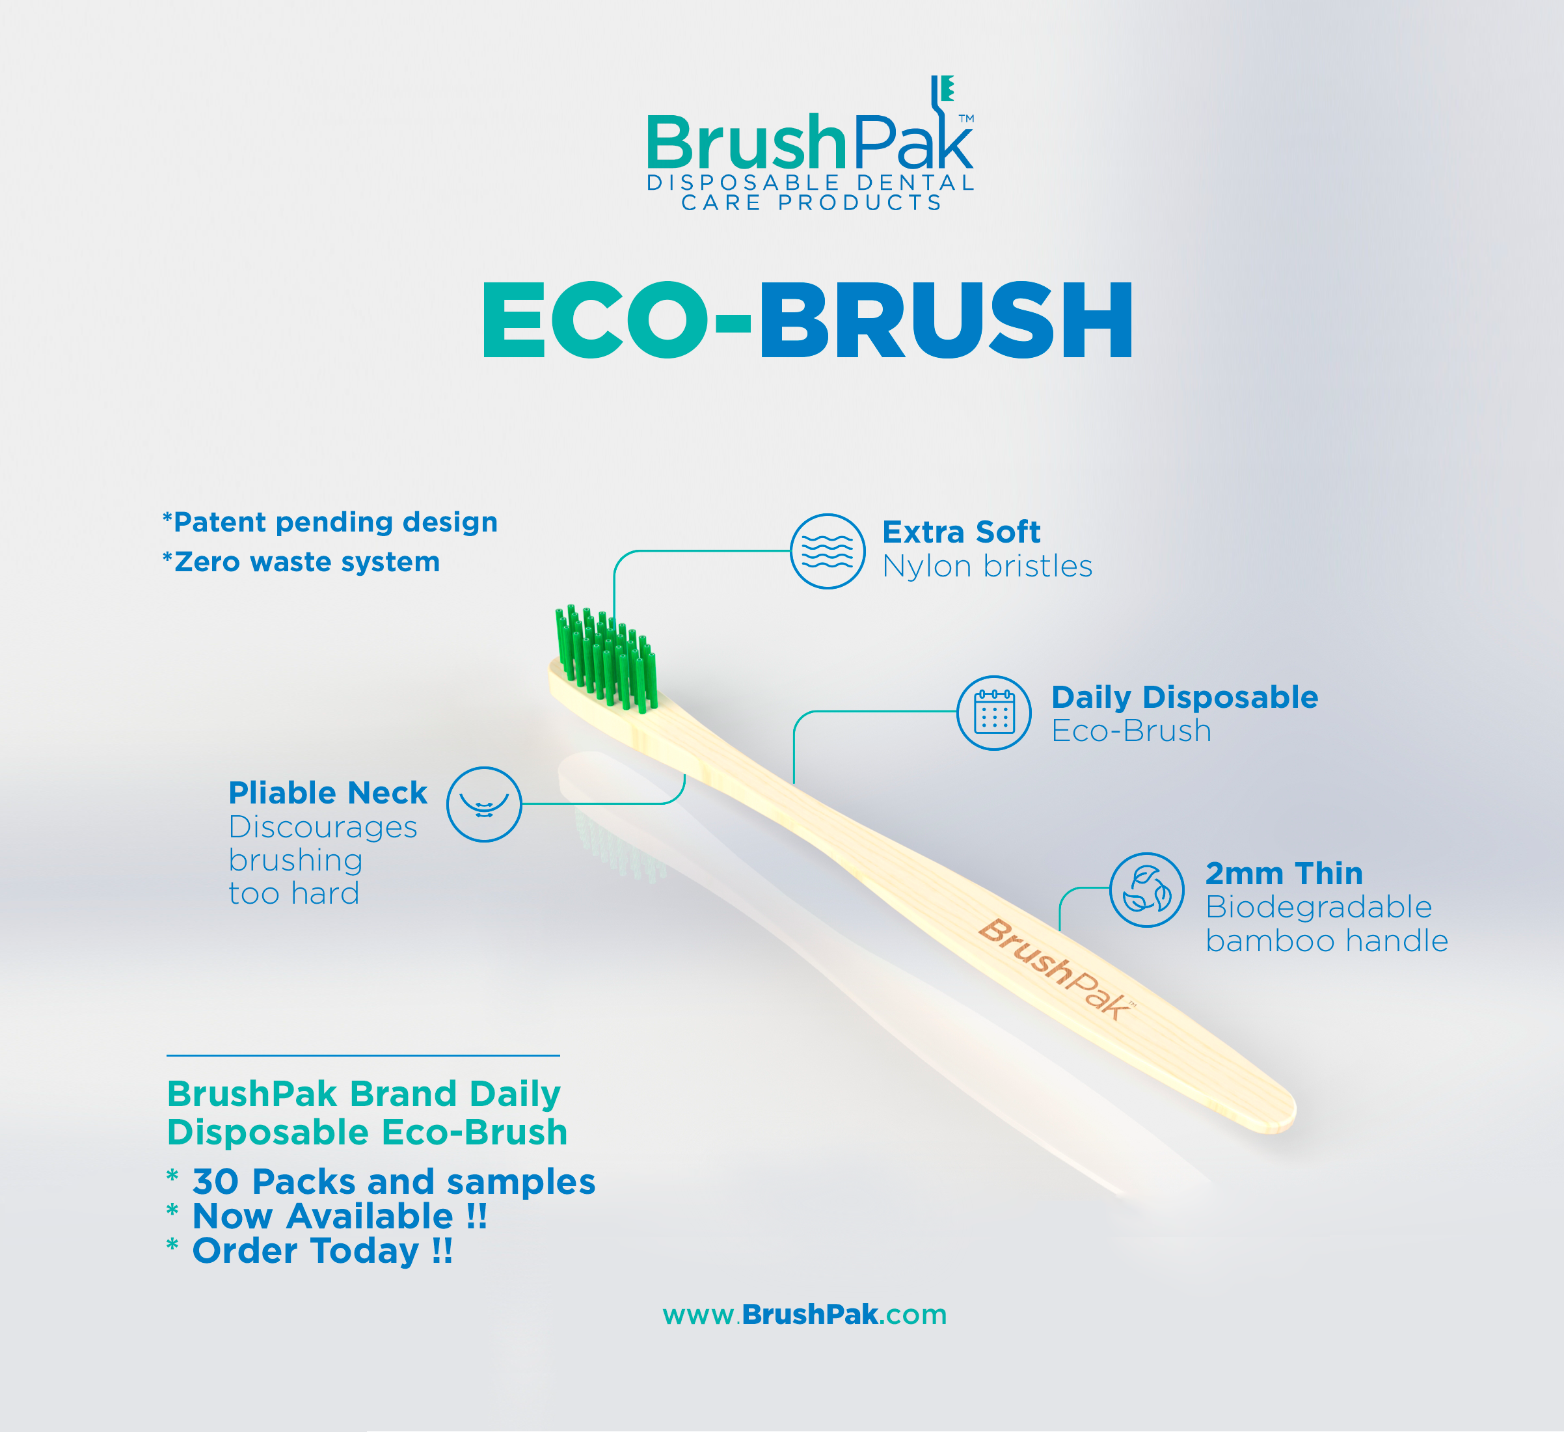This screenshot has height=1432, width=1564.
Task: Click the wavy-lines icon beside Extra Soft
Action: click(828, 551)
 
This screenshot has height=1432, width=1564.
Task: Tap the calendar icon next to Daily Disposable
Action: click(994, 712)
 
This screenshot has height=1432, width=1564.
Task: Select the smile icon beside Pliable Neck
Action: click(484, 804)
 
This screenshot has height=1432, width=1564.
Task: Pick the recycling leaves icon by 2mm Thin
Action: click(1146, 890)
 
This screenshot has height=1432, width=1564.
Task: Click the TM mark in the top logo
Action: click(966, 118)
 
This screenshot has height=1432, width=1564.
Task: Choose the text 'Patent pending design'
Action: click(334, 522)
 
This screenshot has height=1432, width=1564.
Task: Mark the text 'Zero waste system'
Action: click(306, 561)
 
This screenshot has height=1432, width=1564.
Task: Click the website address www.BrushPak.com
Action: click(805, 1314)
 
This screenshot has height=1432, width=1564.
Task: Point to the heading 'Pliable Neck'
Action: click(327, 793)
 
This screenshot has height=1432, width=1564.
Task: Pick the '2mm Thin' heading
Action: click(1284, 874)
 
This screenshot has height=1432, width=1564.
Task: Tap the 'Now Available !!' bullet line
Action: click(339, 1215)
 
